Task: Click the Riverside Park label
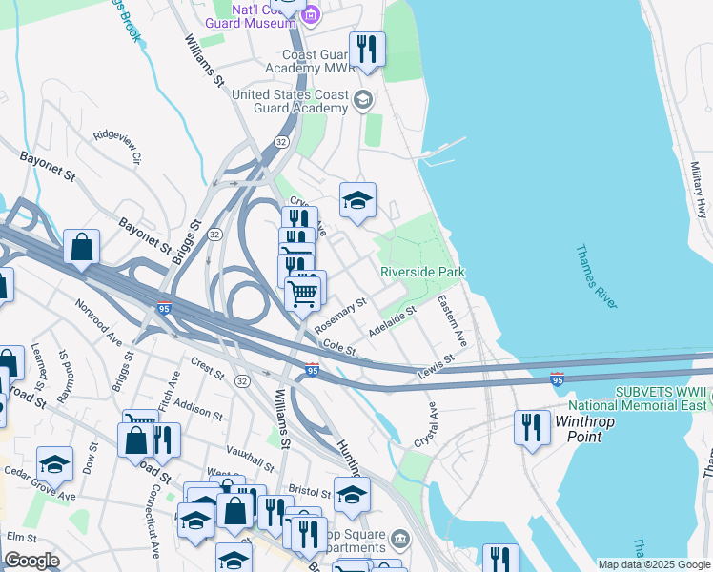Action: [x=422, y=272]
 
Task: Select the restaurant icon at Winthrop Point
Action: [x=531, y=428]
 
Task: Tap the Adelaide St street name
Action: [x=393, y=322]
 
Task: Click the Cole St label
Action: [x=338, y=346]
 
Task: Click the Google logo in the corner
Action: [x=31, y=561]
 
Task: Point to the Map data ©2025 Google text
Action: [x=654, y=564]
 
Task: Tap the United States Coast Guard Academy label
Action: [x=291, y=101]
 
